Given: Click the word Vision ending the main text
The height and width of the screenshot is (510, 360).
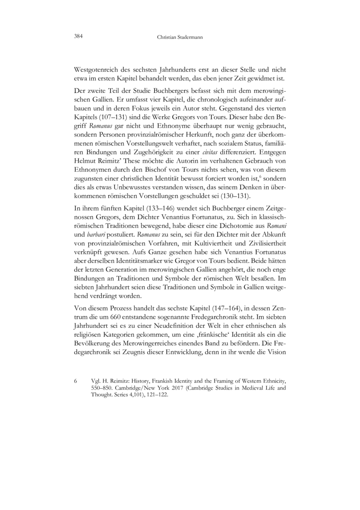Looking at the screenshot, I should pos(276,351).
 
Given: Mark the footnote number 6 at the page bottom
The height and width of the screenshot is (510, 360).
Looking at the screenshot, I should pos(75,381).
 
